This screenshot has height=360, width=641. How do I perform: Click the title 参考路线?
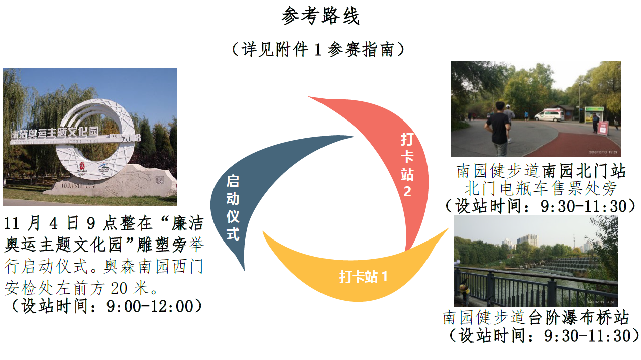(320, 17)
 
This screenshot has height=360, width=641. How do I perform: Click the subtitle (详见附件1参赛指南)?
(320, 49)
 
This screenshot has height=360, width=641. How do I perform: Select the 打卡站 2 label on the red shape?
(407, 165)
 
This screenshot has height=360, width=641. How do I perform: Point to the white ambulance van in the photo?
(549, 115)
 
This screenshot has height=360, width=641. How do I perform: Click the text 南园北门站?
(584, 171)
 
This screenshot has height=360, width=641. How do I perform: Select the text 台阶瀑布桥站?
(579, 318)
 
